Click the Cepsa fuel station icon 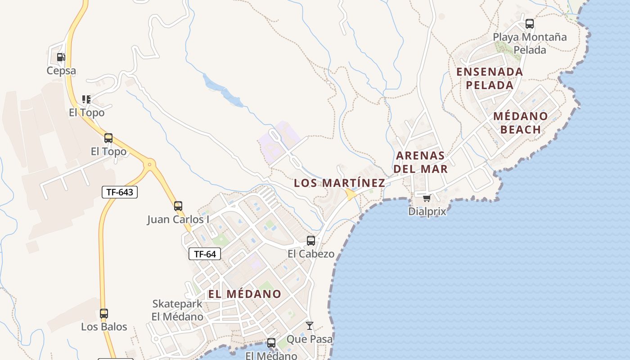coord(61,57)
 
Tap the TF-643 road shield coord(119,192)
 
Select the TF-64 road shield coord(205,254)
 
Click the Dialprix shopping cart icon coord(427,198)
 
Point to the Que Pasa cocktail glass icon coord(310,325)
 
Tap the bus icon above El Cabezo coord(311,240)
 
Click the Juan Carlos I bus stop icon coord(178,206)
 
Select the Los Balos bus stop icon coord(104,313)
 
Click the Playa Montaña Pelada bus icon coord(530,23)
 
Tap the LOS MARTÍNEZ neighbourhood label coord(339,183)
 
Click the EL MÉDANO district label coord(244,294)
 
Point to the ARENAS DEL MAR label coord(422,162)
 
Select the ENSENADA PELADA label coord(490,78)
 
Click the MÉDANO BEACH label coord(521,123)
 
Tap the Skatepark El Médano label coord(177,310)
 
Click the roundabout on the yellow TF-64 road coord(149,165)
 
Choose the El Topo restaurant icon coord(86,99)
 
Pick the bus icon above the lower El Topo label coord(108,138)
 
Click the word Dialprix coord(427,211)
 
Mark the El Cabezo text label coord(311,254)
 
